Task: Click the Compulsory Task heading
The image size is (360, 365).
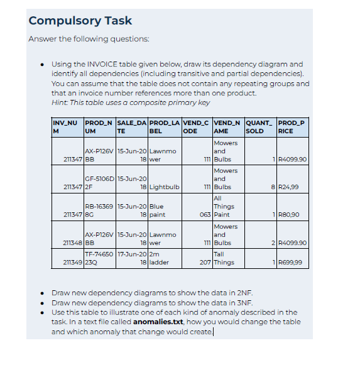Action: pos(80,21)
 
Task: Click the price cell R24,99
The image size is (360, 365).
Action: pos(290,187)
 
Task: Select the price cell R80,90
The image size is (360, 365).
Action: pos(290,215)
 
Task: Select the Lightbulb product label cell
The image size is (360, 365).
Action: pos(165,187)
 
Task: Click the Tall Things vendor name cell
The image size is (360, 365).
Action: pos(224,258)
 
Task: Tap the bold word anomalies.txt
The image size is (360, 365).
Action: pos(158,322)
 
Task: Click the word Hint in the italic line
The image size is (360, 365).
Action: pos(60,102)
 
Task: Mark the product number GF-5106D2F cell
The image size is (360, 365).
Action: pos(99,182)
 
